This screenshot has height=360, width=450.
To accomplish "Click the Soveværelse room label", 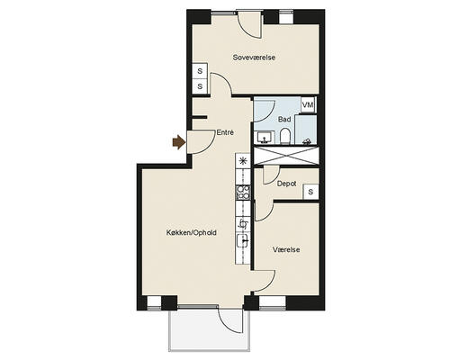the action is (254, 58).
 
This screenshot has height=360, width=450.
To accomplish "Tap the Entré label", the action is (225, 132).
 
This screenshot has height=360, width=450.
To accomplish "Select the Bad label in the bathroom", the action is (284, 120).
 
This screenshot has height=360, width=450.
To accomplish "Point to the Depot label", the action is (286, 184).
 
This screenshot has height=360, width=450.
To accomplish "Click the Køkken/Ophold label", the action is (192, 232).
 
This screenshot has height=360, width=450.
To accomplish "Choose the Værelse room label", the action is (286, 249).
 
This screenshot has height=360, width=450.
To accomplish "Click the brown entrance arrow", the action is (179, 142).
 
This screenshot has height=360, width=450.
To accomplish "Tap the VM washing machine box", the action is (308, 105).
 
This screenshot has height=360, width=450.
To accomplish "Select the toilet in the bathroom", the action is (284, 137).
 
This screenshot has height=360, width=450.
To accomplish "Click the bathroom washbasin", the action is (265, 138).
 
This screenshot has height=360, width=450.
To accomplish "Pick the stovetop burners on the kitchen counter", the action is (243, 193).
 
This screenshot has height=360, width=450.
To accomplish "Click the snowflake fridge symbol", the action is (243, 161).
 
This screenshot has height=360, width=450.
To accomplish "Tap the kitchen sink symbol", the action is (243, 240).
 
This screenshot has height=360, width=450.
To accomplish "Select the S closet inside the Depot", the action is (310, 192).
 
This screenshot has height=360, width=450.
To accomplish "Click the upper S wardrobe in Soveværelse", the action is (200, 71).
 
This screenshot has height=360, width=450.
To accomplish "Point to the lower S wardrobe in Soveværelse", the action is (200, 86).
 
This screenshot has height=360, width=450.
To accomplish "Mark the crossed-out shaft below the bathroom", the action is (286, 156).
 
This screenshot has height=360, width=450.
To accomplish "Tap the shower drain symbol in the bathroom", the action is (307, 141).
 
